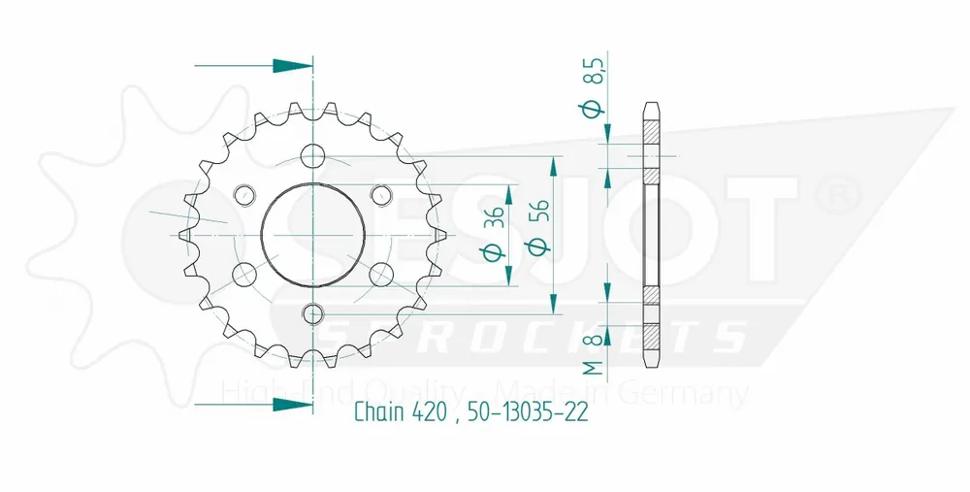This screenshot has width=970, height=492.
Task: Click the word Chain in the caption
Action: tap(376, 412)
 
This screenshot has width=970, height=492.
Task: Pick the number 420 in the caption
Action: tap(428, 412)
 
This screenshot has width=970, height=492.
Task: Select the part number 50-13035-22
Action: tap(529, 412)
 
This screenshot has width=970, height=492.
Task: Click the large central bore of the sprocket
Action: tap(312, 235)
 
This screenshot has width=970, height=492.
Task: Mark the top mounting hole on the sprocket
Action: tap(312, 155)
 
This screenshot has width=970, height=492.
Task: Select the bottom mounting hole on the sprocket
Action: tap(312, 313)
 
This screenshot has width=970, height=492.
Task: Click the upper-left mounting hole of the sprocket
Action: tap(244, 195)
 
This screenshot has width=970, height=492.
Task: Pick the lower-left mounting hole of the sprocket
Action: tap(244, 275)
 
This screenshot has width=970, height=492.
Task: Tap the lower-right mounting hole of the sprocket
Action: tap(380, 275)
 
